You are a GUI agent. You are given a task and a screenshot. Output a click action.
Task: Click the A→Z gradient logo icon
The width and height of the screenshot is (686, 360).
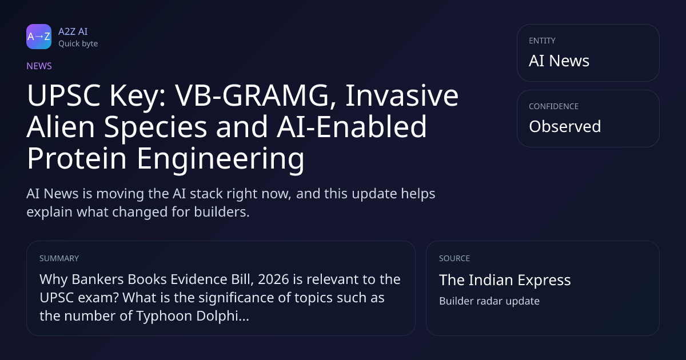[39, 37]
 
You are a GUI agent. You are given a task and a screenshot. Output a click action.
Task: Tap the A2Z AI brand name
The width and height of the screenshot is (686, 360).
[73, 31]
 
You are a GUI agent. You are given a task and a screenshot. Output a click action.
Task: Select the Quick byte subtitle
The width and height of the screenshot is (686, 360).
[78, 44]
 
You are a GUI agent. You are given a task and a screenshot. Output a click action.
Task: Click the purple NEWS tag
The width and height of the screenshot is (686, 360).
[39, 66]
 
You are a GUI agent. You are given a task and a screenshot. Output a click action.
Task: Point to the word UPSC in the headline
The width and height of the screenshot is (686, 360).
[63, 95]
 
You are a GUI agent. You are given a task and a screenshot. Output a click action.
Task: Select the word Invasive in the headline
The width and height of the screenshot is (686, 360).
[402, 95]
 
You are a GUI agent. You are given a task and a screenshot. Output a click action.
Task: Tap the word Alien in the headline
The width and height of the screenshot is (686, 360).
[61, 127]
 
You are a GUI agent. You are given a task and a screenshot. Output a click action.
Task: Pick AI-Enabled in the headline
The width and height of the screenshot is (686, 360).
[352, 126]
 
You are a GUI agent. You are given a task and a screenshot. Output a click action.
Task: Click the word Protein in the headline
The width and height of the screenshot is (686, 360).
[77, 158]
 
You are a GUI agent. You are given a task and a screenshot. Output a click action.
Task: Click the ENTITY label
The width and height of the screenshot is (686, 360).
[542, 41]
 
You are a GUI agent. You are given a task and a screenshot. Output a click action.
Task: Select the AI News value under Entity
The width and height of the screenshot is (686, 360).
[559, 61]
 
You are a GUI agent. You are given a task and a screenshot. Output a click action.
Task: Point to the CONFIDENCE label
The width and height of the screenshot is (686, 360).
[554, 106]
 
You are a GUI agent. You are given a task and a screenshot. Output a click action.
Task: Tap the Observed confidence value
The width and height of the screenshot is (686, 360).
[565, 126]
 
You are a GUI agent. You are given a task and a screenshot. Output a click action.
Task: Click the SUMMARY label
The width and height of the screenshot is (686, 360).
[59, 258]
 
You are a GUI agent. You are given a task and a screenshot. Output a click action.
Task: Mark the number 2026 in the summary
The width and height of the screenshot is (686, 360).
[273, 279]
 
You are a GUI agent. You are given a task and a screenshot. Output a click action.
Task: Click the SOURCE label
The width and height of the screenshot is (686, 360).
[454, 258]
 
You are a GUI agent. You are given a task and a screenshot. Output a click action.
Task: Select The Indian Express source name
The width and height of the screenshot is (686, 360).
[505, 280]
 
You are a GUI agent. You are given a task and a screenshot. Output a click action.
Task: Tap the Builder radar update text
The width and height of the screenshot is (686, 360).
[489, 301]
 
